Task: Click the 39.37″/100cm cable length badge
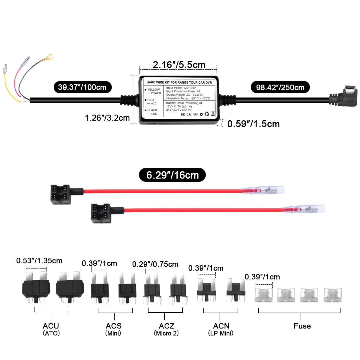pos(82,87)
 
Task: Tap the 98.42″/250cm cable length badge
pos(280,87)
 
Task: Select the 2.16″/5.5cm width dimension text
pos(179,64)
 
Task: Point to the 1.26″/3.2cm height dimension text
pos(107,118)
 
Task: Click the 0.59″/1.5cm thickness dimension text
pos(253,124)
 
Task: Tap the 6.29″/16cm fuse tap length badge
pos(172,175)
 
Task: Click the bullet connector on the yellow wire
pos(5,69)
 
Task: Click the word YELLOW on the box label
pos(153,89)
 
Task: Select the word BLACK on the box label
pos(152,110)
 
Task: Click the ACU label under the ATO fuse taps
pos(51,326)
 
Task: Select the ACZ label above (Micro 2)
pos(166,326)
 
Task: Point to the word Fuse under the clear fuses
pos(302,326)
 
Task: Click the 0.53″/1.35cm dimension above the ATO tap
pos(39,260)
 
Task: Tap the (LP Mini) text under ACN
pos(221,333)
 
